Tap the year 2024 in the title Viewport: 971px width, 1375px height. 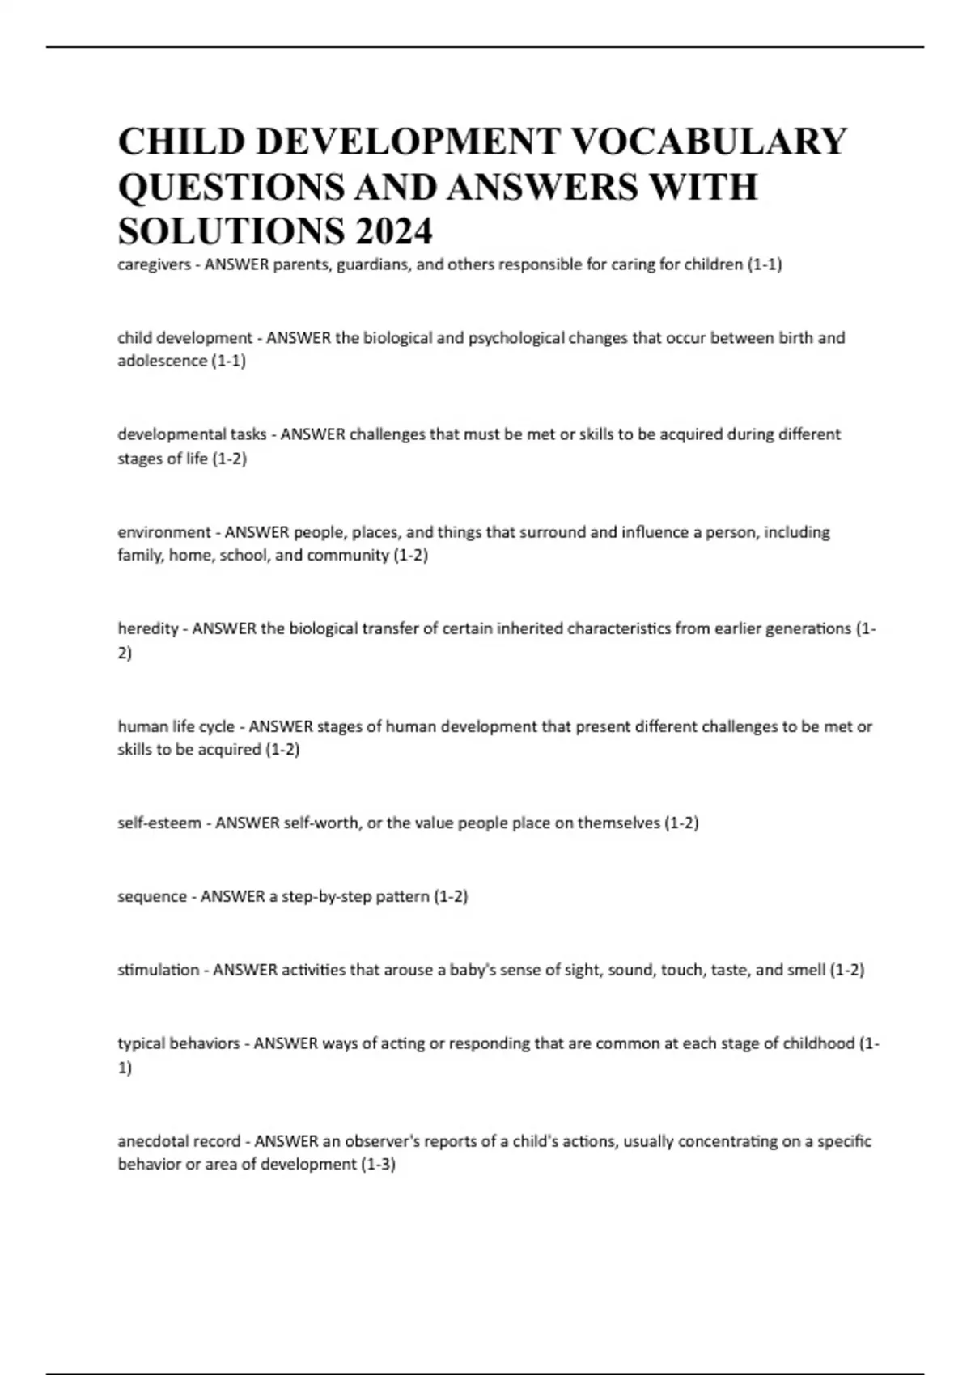point(393,232)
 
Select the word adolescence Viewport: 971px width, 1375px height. point(162,361)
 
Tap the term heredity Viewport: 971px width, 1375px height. point(147,628)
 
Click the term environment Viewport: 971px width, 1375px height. point(163,532)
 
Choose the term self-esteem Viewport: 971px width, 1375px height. point(159,823)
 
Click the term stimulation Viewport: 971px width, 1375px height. point(158,970)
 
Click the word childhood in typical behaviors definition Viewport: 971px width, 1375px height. point(818,1043)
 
